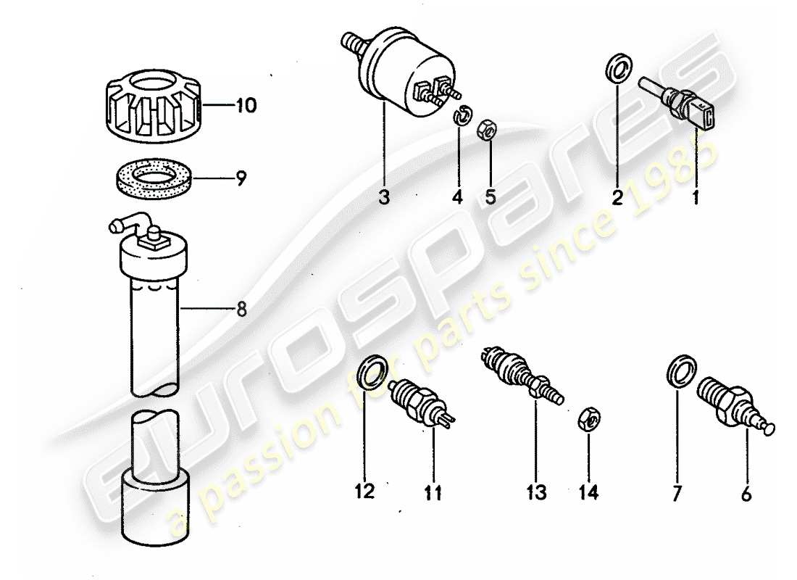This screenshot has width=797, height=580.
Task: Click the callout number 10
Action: pos(245,107)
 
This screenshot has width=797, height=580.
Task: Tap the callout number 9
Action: pos(241,176)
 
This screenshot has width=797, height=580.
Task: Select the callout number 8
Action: pos(241,310)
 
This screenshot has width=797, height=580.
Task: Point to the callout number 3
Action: pos(384,196)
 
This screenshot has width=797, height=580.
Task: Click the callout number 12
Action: pos(364,492)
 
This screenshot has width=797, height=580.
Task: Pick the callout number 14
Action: pos(589,494)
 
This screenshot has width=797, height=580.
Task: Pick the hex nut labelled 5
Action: pos(487,131)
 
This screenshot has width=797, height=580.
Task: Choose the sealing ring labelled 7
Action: pos(679,372)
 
